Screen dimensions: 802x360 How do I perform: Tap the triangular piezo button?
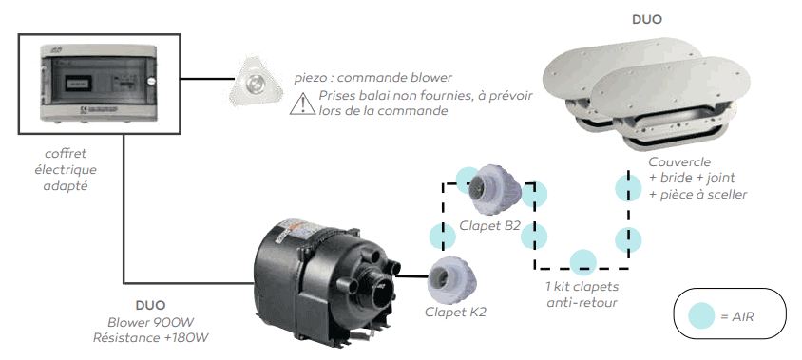click(x=255, y=86)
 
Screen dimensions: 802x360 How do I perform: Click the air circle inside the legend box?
click(x=701, y=314)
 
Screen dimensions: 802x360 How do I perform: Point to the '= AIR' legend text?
click(x=740, y=314)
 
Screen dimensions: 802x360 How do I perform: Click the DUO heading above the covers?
click(x=648, y=18)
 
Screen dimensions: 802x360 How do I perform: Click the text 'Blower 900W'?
click(x=153, y=323)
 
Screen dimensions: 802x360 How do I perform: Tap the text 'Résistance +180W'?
click(x=153, y=338)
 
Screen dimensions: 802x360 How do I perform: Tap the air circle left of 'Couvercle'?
click(x=624, y=185)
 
